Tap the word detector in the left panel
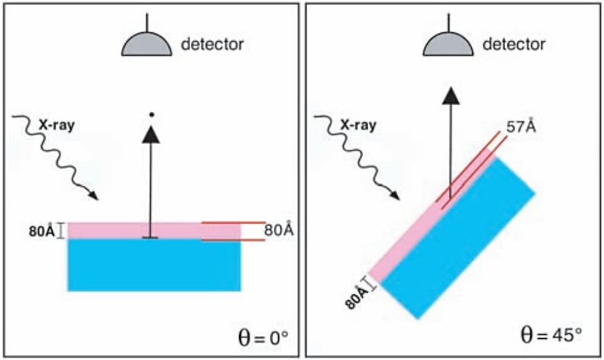pos(212,44)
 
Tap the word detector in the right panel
pos(513,44)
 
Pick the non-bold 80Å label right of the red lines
pos(279,230)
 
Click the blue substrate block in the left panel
pos(154,264)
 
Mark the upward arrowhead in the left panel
pos(150,134)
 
